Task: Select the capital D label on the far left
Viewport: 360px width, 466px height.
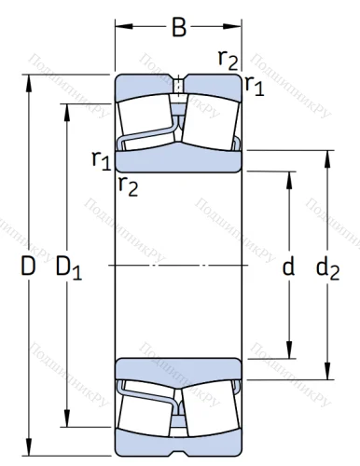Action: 29,267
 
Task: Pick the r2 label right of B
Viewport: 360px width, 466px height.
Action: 226,59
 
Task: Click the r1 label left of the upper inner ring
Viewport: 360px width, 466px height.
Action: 101,159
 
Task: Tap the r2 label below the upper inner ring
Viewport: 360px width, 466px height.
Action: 128,186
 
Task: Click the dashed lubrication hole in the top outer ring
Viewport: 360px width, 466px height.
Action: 177,87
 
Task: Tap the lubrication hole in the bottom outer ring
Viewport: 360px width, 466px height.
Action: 177,431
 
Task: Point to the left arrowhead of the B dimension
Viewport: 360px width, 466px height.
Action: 119,29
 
